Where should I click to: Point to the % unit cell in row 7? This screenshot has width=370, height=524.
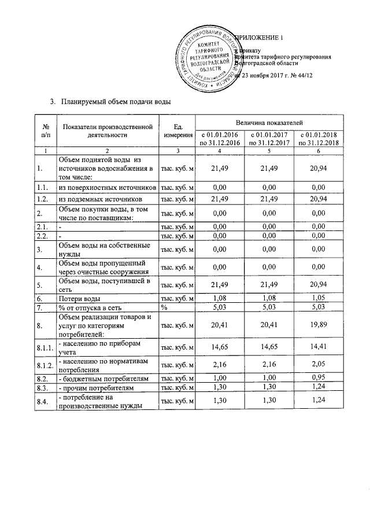(x=165, y=307)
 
